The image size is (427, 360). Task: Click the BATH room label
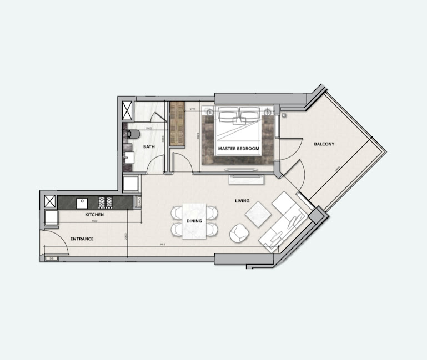click(149, 147)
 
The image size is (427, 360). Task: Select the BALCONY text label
click(324, 144)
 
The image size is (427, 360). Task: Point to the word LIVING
click(242, 201)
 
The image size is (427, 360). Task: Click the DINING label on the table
click(194, 221)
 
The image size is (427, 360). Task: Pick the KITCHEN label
click(94, 214)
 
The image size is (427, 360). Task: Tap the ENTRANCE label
click(82, 239)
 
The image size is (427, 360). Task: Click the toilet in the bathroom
click(133, 134)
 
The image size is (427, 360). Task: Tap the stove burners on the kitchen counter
click(106, 202)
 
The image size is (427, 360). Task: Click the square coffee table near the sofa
click(258, 214)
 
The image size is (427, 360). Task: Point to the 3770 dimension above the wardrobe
click(192, 109)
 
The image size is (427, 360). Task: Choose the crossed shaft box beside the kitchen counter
click(49, 201)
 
